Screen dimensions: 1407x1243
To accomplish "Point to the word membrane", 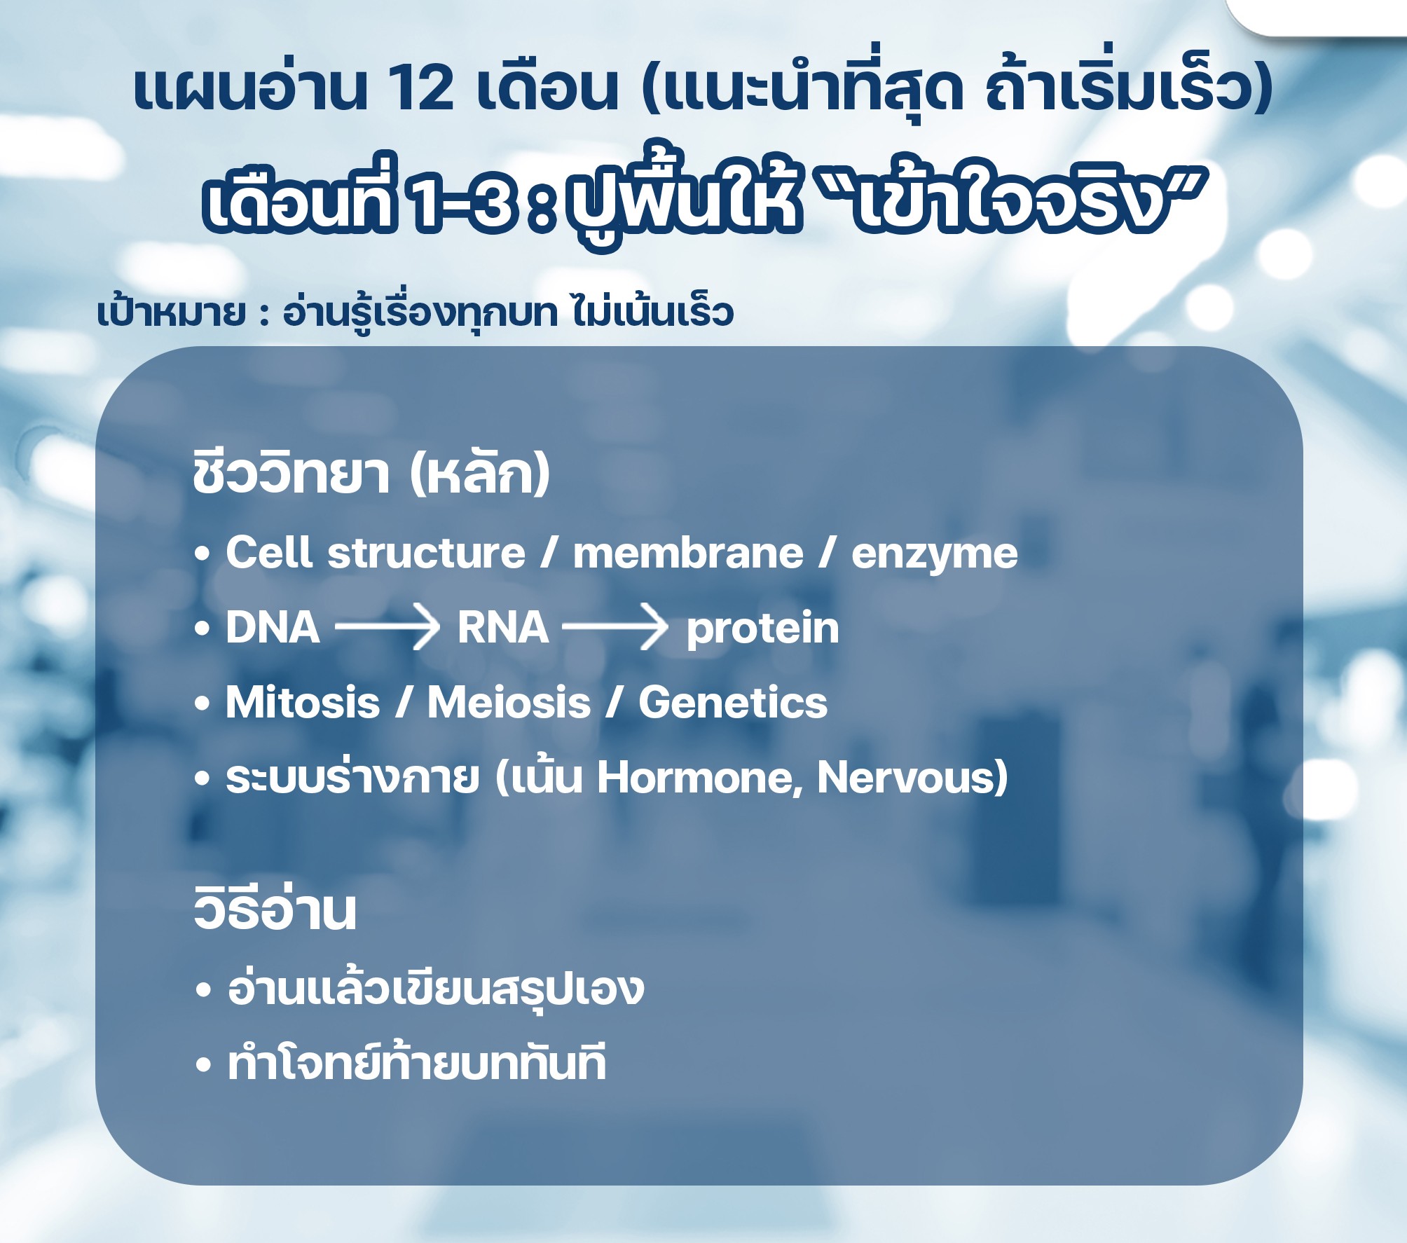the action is [688, 554].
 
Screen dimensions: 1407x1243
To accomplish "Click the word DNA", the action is [273, 627].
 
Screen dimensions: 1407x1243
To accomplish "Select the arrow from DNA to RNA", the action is [387, 627].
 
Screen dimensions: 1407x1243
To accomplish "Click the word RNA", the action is [503, 627].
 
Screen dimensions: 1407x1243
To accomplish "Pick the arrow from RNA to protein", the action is [615, 627].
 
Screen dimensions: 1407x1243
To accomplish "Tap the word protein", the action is [762, 629].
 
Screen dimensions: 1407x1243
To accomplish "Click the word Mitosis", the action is [303, 702].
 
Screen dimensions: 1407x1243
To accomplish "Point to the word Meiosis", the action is [509, 702].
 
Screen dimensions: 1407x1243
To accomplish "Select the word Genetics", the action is [733, 702].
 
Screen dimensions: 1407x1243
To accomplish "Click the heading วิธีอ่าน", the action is [275, 908].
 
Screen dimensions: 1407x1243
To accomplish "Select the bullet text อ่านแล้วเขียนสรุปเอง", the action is [436, 988].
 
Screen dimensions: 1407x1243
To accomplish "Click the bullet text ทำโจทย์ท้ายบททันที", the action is [417, 1063].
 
